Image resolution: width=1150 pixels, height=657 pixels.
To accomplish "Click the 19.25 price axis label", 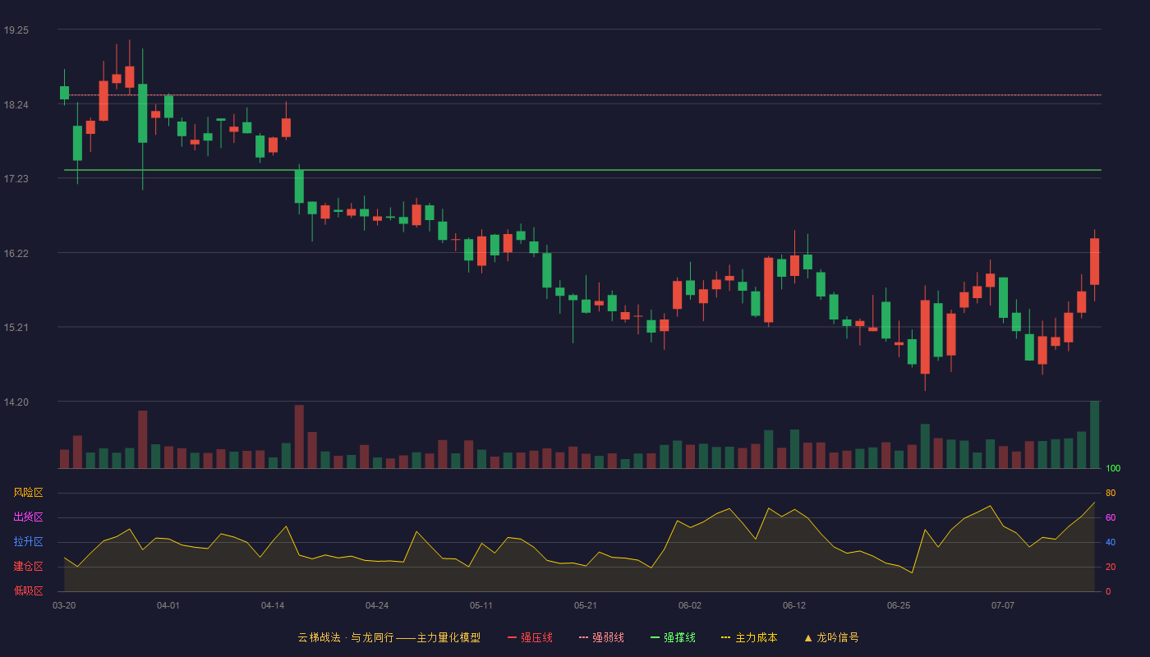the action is pyautogui.click(x=16, y=30).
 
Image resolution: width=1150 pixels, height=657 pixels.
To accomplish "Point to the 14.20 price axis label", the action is pyautogui.click(x=16, y=402).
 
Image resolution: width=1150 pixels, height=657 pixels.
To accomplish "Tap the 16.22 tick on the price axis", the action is pyautogui.click(x=16, y=254).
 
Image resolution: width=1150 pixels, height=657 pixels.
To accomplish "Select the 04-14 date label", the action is pyautogui.click(x=273, y=606).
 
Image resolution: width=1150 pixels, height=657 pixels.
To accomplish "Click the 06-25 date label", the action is pyautogui.click(x=899, y=606).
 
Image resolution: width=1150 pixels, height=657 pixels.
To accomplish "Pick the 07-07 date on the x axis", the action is pyautogui.click(x=1003, y=606).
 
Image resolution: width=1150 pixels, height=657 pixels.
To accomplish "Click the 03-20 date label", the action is pyautogui.click(x=64, y=606).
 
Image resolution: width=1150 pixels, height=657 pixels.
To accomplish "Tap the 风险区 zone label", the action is pyautogui.click(x=28, y=493).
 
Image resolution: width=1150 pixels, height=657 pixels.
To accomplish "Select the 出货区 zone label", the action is pyautogui.click(x=28, y=517).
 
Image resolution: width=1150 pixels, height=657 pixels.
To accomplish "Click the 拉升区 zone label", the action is pyautogui.click(x=28, y=541).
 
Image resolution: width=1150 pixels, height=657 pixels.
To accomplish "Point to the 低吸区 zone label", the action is pyautogui.click(x=28, y=590).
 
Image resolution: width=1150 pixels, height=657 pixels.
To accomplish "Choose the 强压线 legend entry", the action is pyautogui.click(x=530, y=637).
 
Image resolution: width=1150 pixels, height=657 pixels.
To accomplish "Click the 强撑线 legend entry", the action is pyautogui.click(x=673, y=637).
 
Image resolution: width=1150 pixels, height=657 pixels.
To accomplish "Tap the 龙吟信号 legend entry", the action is pyautogui.click(x=831, y=637).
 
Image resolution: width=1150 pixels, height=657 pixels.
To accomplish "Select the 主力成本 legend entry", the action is pyautogui.click(x=749, y=637).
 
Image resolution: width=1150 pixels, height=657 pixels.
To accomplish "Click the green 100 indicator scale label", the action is pyautogui.click(x=1113, y=468).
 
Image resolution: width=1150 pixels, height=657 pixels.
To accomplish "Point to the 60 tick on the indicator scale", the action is pyautogui.click(x=1111, y=517).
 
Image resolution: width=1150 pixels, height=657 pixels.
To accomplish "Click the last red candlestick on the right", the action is pyautogui.click(x=1094, y=261).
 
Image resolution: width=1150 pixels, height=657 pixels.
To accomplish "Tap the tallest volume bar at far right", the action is pyautogui.click(x=1094, y=434).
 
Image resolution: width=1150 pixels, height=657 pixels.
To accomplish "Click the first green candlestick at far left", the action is pyautogui.click(x=64, y=92).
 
